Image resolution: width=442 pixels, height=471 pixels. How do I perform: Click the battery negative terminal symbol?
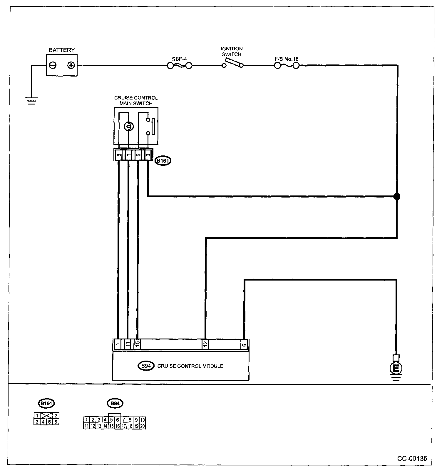(x=53, y=65)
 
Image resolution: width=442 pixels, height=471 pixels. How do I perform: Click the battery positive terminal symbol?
(x=71, y=65)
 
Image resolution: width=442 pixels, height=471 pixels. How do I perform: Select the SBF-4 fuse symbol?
(x=179, y=66)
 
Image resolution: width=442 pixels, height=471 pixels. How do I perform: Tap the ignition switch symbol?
(x=232, y=63)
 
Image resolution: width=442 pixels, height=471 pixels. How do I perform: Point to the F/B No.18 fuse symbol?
(x=287, y=66)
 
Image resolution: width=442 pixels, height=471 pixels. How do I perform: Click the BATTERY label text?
(x=62, y=50)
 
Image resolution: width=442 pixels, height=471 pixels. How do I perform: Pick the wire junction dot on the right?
(x=397, y=196)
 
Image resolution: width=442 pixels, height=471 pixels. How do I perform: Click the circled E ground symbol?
(x=396, y=368)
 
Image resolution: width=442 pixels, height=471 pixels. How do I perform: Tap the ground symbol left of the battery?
(x=32, y=101)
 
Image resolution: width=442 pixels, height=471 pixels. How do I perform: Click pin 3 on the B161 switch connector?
(x=148, y=155)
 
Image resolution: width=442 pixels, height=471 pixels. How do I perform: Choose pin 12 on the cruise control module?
(x=205, y=344)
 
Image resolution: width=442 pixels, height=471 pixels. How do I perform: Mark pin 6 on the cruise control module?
(x=244, y=344)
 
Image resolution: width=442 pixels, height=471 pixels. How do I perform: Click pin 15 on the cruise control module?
(x=137, y=344)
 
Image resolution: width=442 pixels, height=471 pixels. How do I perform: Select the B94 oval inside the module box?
(x=146, y=366)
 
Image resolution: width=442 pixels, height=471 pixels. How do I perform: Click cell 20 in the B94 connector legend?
(x=143, y=426)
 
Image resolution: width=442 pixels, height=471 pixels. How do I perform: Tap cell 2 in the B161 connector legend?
(x=56, y=416)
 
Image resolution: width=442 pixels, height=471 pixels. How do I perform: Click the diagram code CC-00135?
(x=412, y=458)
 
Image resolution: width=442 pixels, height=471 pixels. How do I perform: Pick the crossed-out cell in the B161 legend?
(x=46, y=416)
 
